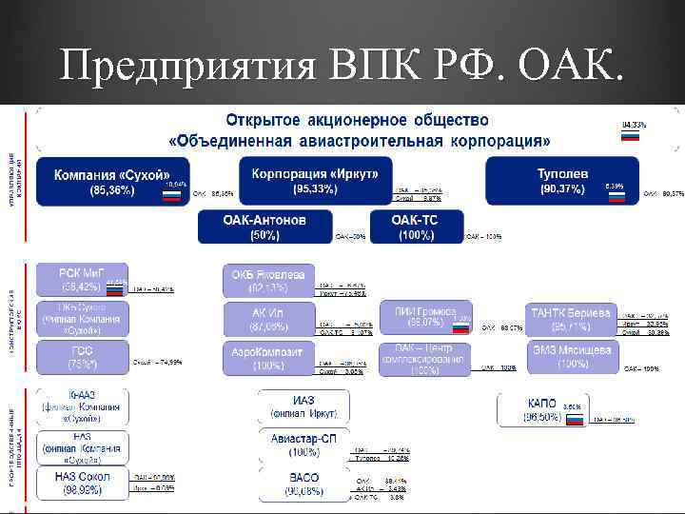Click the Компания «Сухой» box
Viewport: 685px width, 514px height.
coord(112,183)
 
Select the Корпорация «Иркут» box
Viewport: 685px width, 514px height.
coord(315,182)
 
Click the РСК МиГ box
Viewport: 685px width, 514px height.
coord(81,279)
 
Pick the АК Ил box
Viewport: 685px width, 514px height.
coord(268,319)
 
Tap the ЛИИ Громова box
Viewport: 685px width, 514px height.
coord(424,319)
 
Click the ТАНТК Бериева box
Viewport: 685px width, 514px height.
coord(573,319)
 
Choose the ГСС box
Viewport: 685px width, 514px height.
coord(81,357)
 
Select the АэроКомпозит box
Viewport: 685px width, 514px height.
coord(268,358)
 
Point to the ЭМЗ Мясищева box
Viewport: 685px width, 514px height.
coord(573,357)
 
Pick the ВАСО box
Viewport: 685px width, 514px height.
coord(303,484)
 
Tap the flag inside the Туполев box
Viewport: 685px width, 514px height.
coord(616,195)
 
